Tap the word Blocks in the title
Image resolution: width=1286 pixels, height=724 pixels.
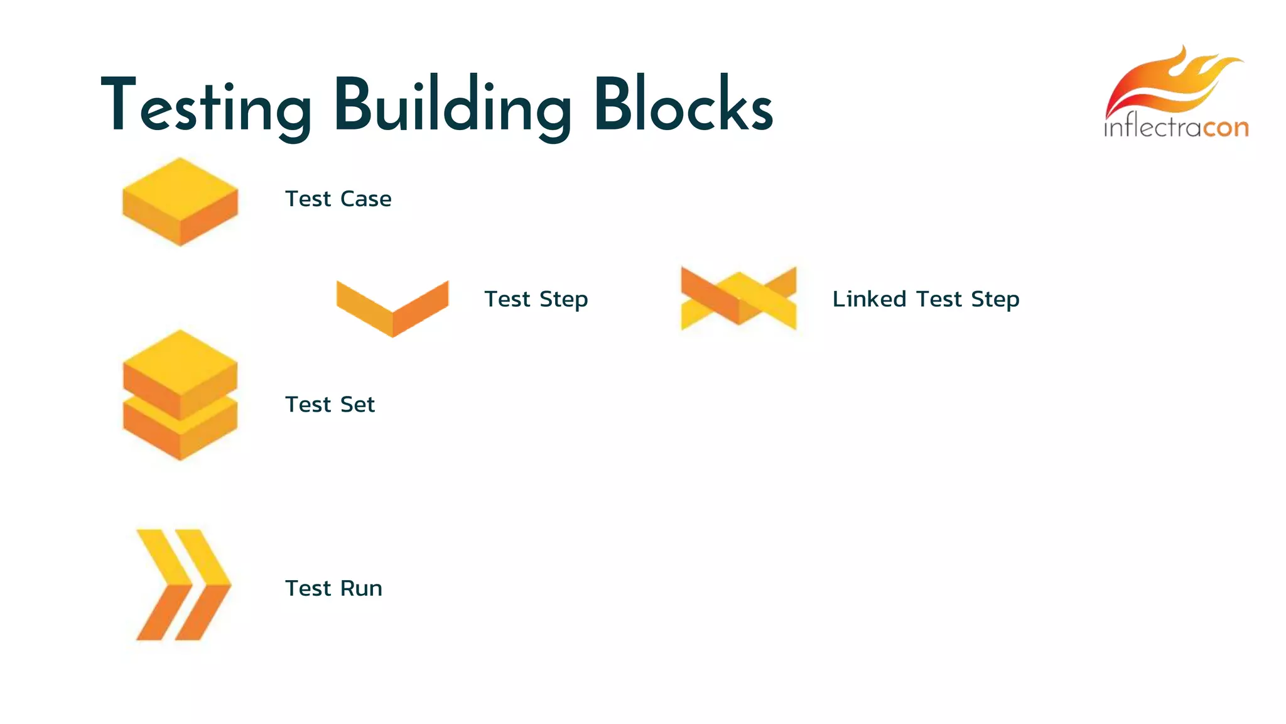tap(683, 106)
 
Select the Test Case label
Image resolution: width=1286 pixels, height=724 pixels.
tap(338, 199)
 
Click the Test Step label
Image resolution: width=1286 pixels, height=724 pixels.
tap(536, 299)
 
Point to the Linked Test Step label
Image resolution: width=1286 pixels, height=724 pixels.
tap(926, 299)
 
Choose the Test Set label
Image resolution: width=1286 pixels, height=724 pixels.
tap(330, 405)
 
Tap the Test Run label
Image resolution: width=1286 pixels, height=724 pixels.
tap(333, 589)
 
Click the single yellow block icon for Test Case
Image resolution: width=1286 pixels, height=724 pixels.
tap(180, 201)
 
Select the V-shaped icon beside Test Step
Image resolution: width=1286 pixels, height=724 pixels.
tap(392, 308)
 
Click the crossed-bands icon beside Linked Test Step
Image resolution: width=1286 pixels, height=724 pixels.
tap(738, 299)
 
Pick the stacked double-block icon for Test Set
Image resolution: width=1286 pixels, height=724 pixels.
tap(180, 395)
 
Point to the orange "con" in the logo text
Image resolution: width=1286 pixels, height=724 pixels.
tap(1226, 128)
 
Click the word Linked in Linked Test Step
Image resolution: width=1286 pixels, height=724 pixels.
tap(869, 299)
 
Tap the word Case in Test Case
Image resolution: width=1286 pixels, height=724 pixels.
tap(366, 199)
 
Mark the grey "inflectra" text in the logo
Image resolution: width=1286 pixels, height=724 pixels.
tap(1153, 128)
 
